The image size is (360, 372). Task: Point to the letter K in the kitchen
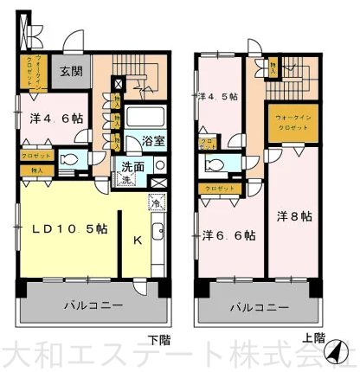136,242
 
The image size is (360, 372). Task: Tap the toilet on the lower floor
71,161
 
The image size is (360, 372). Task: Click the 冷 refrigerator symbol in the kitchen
155,205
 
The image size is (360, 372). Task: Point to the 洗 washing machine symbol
125,179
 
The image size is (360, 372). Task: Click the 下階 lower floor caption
157,338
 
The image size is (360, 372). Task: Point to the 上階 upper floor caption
313,338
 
